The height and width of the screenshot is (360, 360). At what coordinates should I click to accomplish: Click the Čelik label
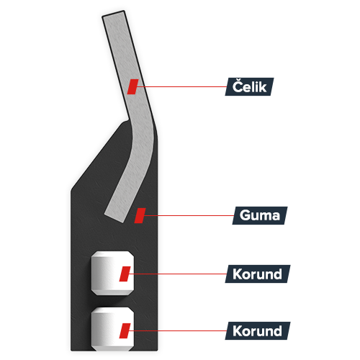(249, 86)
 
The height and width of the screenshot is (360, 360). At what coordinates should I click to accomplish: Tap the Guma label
(260, 215)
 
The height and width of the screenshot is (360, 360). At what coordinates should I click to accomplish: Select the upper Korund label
(258, 274)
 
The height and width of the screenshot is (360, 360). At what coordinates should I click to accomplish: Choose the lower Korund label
(258, 330)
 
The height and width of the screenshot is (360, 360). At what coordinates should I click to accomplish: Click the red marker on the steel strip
(132, 86)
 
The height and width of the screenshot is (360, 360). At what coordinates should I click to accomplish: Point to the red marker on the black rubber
(140, 215)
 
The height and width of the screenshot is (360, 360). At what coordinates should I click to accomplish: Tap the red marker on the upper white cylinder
(125, 274)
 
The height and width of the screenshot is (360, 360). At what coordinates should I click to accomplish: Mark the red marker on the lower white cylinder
(125, 330)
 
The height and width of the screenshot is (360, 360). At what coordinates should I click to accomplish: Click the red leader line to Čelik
(182, 86)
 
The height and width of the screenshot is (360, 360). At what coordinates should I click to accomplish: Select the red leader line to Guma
(189, 215)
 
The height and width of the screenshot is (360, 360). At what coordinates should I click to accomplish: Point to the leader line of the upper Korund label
(178, 274)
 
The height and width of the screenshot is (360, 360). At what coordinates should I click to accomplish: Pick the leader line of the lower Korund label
(178, 330)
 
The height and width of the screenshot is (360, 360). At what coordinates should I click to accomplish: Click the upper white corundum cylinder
(112, 273)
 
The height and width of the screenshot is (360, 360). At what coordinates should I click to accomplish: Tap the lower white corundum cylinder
(112, 329)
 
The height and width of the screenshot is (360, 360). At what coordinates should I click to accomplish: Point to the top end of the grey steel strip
(113, 14)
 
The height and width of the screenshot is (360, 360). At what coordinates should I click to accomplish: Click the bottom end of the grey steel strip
(114, 217)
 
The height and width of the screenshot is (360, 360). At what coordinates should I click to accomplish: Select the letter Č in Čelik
(237, 86)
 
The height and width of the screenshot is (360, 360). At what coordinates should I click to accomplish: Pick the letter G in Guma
(245, 215)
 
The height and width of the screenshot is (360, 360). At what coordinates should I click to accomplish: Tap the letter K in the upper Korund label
(238, 274)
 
